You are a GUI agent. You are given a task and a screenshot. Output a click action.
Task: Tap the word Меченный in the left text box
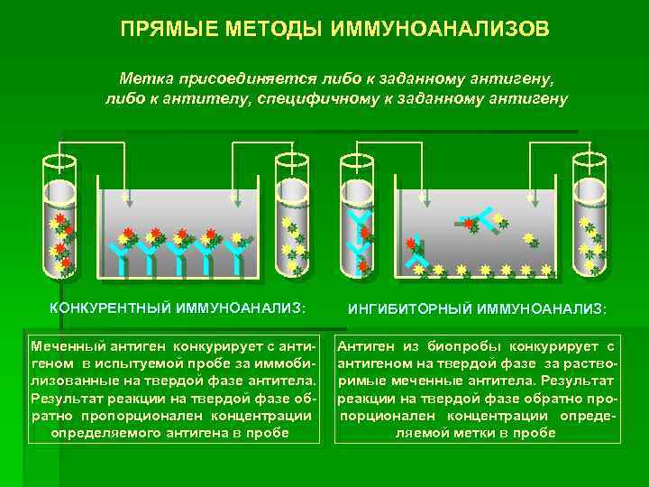[65, 347]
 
